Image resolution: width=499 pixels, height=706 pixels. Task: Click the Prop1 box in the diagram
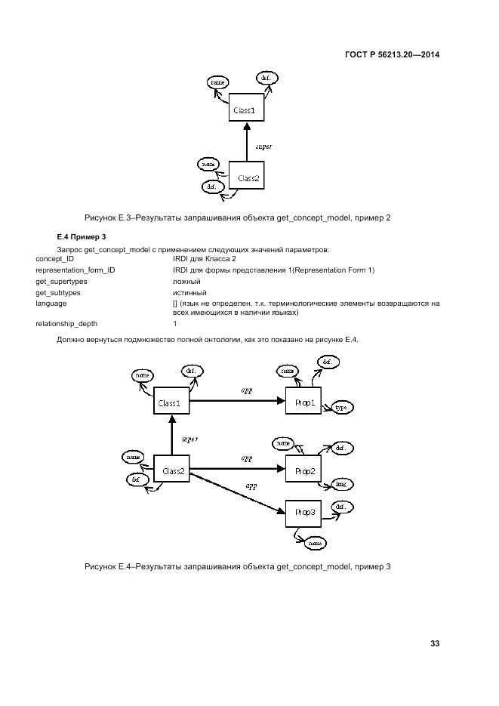click(x=304, y=402)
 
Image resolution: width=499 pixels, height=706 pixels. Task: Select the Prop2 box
click(x=304, y=471)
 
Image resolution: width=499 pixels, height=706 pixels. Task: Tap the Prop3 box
click(x=304, y=515)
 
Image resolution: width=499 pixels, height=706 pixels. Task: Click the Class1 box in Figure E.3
click(x=246, y=109)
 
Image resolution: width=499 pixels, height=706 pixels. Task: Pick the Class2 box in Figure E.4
click(x=171, y=470)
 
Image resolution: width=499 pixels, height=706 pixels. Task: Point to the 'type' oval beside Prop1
click(x=341, y=408)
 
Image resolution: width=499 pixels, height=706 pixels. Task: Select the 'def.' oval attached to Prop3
click(x=340, y=507)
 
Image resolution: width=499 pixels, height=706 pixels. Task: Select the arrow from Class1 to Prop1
click(x=238, y=402)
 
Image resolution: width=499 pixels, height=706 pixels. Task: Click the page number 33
click(x=435, y=643)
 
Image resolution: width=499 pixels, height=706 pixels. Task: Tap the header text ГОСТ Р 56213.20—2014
click(x=392, y=55)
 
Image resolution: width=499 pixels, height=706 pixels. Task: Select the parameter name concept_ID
click(x=55, y=259)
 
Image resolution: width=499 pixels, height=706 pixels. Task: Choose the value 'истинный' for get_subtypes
click(x=189, y=292)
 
